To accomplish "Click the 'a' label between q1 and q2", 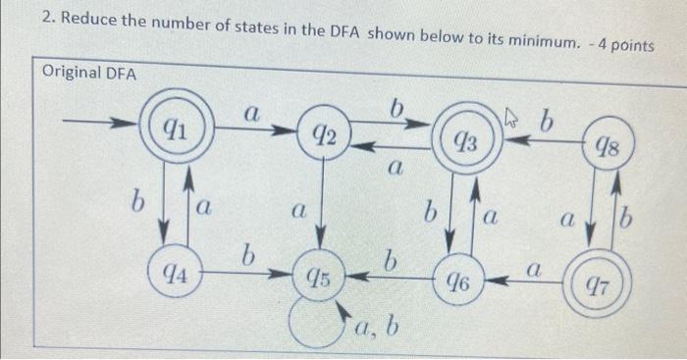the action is pos(252,115).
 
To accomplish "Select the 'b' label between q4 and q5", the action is pos(250,256).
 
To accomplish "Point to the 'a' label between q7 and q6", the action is pos(536,267).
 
